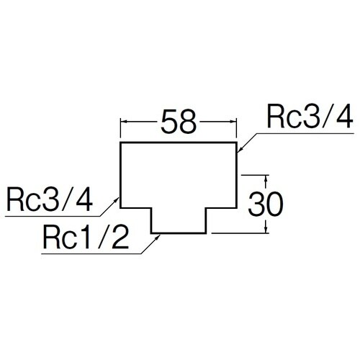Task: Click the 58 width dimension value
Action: coord(178,122)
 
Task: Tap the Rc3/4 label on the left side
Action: coord(49,199)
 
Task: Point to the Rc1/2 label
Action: coord(85,237)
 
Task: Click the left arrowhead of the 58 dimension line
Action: coord(122,123)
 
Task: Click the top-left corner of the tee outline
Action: coord(120,143)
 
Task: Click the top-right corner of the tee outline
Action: coord(238,143)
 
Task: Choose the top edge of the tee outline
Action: coord(179,143)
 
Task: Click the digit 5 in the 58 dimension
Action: coord(167,122)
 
